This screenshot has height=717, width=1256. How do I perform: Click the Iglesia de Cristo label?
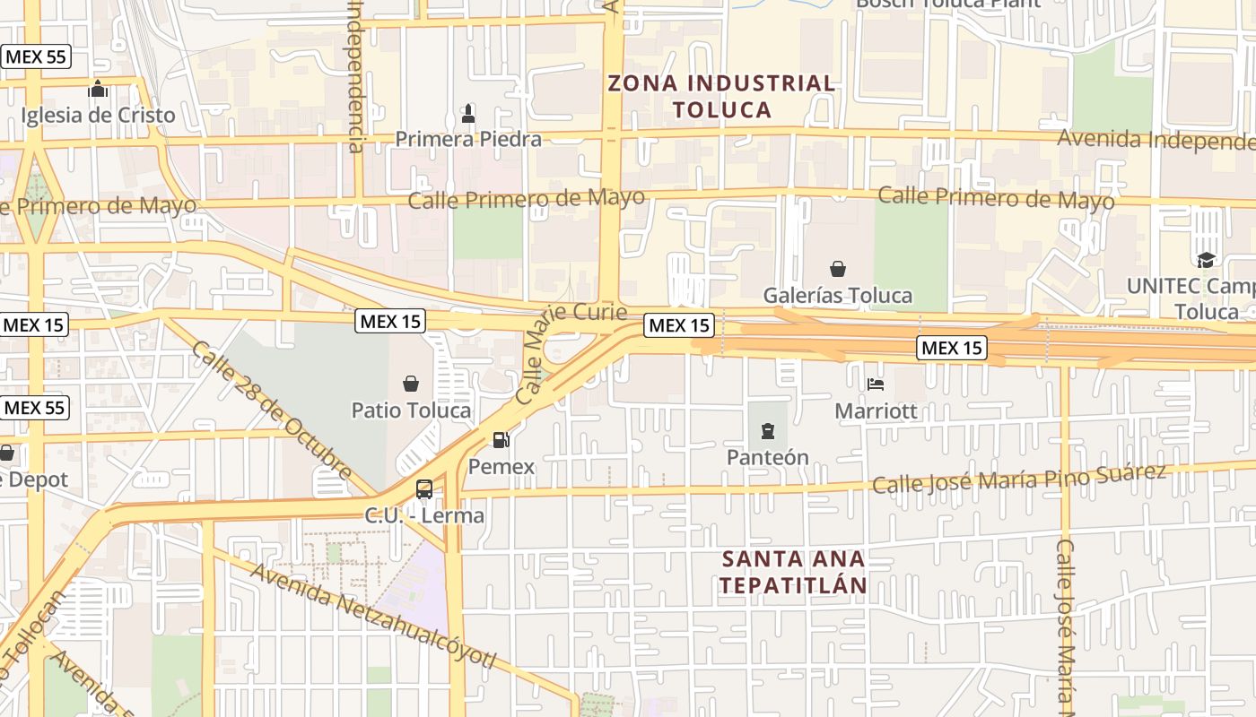coord(98,116)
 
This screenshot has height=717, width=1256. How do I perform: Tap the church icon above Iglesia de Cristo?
coord(98,90)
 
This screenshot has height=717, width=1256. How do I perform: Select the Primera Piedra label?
coord(468,139)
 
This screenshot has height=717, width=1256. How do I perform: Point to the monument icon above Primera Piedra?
coord(467,114)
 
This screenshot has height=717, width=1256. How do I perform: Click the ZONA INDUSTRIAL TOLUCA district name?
coord(721,97)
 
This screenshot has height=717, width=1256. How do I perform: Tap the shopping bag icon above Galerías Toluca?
coord(838,269)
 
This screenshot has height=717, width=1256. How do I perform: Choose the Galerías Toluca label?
coord(838,295)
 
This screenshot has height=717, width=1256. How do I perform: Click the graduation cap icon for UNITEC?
coord(1206,260)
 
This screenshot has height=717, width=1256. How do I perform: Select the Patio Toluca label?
coord(411,410)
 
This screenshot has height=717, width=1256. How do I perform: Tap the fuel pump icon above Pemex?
coord(501,440)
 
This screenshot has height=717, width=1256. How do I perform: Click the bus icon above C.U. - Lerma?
coord(424,489)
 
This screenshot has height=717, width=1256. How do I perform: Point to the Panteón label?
coord(767,457)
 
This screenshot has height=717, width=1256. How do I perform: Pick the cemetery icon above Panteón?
coord(767,432)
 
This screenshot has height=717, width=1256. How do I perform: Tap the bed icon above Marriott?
coord(877,385)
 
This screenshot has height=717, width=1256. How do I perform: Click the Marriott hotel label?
coord(877,410)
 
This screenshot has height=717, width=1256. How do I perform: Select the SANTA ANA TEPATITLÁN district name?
coord(795,572)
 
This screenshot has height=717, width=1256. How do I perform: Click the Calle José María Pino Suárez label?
coord(1019,479)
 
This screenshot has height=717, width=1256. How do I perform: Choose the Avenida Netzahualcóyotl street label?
coord(372,616)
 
